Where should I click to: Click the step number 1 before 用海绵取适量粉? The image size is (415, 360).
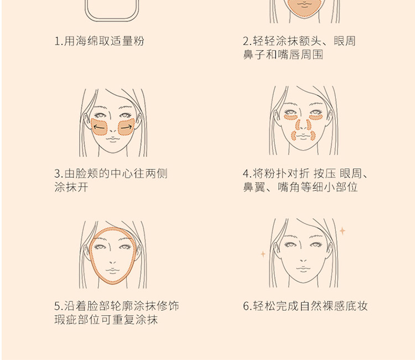click(57, 42)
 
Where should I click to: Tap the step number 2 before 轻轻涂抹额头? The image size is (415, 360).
click(246, 42)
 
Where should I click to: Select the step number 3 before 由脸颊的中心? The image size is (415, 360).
click(58, 174)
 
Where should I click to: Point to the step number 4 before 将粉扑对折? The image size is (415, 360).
click(246, 174)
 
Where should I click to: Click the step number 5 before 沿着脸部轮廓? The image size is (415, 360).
click(58, 306)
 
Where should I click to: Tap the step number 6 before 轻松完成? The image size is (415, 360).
click(246, 306)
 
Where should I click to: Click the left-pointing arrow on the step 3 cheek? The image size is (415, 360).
click(99, 127)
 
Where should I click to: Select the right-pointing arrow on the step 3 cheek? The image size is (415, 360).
click(126, 127)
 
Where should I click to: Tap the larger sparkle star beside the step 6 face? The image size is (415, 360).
click(343, 231)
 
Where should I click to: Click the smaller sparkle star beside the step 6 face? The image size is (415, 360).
click(263, 254)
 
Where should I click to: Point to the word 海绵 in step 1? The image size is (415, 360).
click(81, 41)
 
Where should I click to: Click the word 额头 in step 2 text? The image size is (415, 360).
click(310, 41)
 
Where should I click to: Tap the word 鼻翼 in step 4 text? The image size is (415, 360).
click(254, 187)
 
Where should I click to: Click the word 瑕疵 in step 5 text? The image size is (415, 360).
click(66, 320)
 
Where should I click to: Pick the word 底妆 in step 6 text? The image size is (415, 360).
click(356, 306)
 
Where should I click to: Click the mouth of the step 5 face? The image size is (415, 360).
click(113, 271)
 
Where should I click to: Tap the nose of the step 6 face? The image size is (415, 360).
click(304, 260)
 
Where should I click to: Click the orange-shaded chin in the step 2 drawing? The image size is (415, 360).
click(304, 8)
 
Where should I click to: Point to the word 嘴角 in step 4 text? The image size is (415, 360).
click(289, 187)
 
